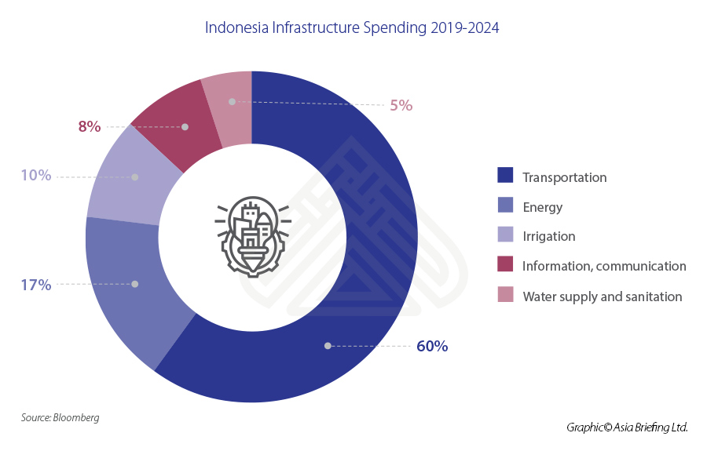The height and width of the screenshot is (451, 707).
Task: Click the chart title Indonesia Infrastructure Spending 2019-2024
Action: coord(352,27)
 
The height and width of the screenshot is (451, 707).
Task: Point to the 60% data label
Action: coord(432,346)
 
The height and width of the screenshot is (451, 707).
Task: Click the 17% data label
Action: coord(36,285)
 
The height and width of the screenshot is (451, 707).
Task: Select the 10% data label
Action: coord(36,176)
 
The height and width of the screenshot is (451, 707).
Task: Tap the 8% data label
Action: coord(90,126)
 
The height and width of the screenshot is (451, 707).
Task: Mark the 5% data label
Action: coord(401,105)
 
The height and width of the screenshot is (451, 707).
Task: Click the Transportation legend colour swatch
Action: coord(505,176)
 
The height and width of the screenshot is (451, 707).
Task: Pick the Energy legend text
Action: coord(542,207)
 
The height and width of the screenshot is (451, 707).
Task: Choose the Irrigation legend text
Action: coord(548,237)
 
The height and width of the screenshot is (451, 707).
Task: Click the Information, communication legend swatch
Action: coord(505,266)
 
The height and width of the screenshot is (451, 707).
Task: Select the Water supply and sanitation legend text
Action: coord(602,296)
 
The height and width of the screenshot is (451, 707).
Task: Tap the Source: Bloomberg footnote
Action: coord(60,418)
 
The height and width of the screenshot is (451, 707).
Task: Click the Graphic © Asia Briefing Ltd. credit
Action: coord(627,427)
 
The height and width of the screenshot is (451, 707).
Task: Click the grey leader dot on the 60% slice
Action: coord(328,345)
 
